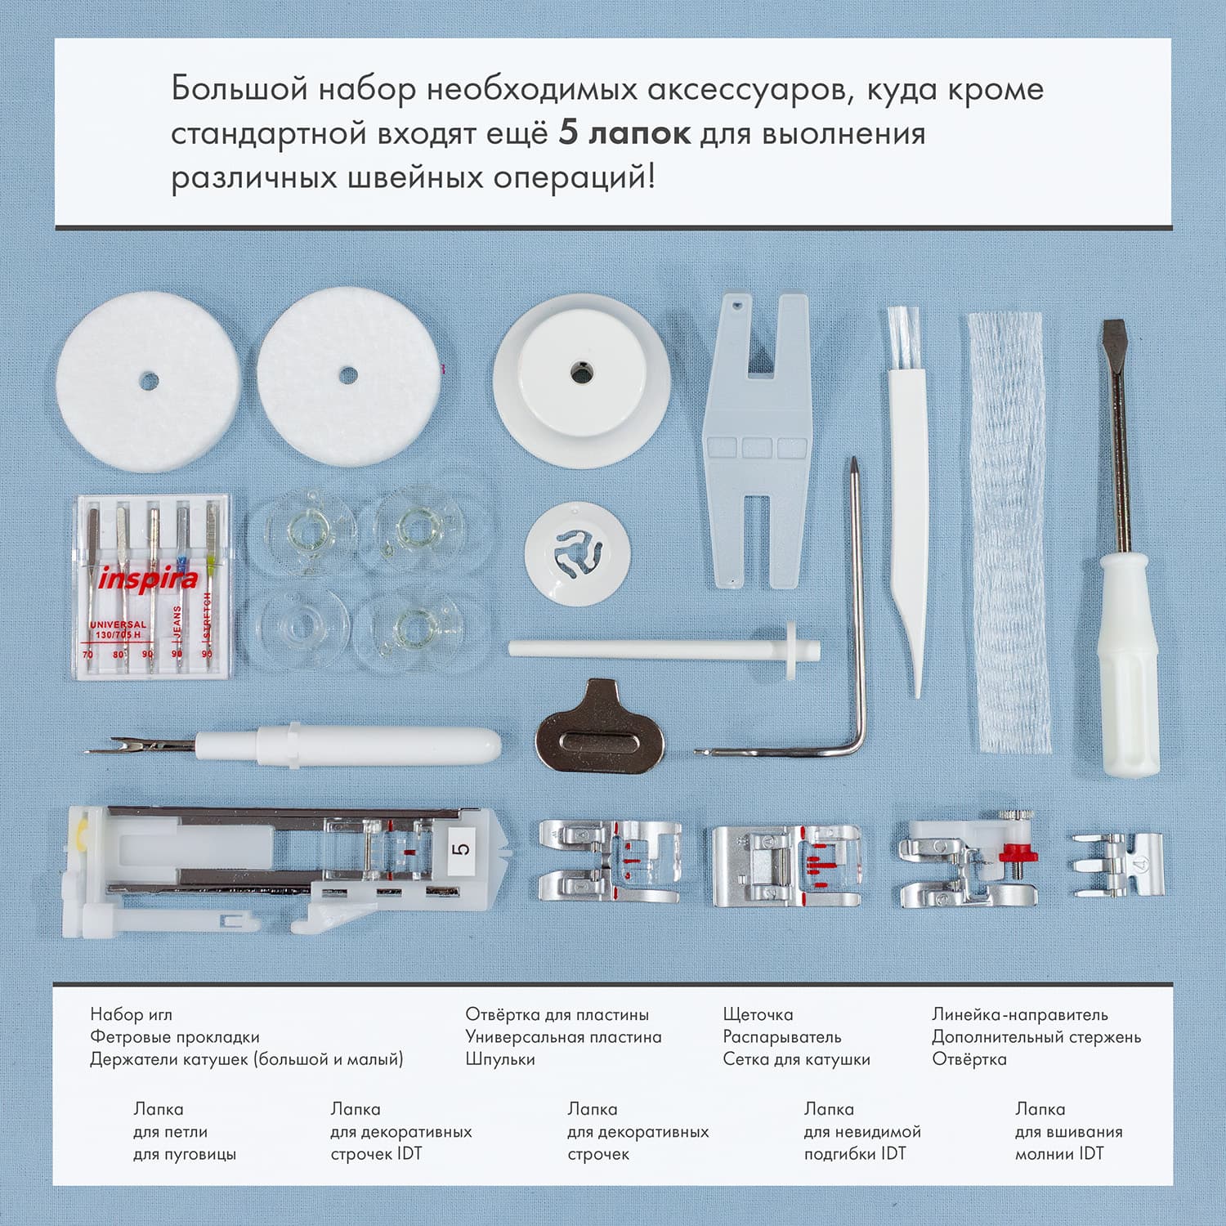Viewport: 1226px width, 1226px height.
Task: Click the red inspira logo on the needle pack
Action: [148, 579]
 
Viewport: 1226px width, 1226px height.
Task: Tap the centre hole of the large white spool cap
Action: [581, 373]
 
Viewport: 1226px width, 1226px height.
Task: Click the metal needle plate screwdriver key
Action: [600, 727]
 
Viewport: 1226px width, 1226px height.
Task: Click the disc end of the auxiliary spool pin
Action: [791, 649]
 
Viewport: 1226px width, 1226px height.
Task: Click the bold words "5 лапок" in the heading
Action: [624, 133]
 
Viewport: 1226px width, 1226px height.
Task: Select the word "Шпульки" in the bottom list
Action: [500, 1059]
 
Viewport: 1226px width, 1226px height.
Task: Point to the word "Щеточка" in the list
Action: [758, 1014]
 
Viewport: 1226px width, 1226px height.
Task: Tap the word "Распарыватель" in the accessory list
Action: [782, 1037]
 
